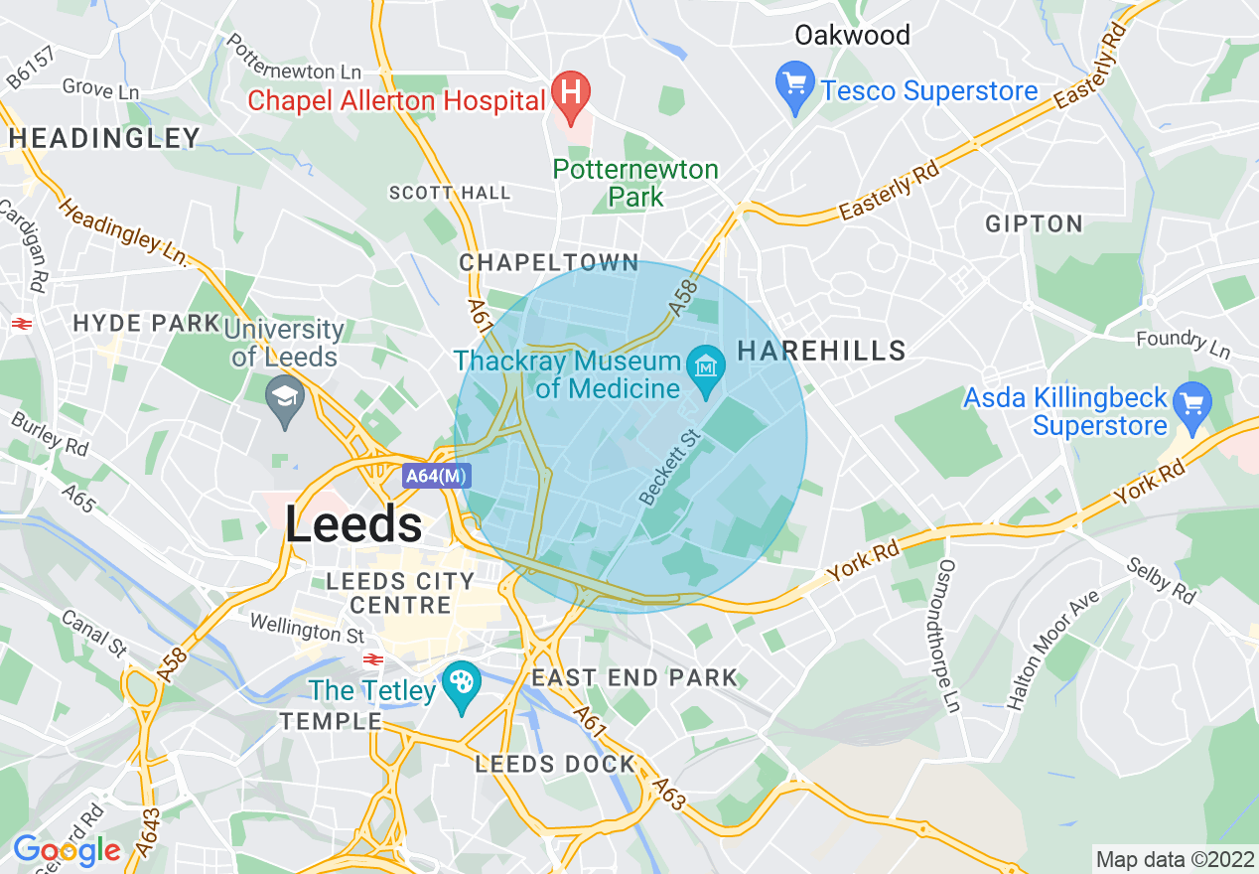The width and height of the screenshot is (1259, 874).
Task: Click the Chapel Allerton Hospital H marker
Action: pos(571,92)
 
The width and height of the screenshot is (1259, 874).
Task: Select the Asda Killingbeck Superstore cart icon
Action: pos(1192,404)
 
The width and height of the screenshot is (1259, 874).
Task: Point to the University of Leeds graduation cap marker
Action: pos(286,397)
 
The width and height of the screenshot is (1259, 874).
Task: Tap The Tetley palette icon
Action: pos(462,683)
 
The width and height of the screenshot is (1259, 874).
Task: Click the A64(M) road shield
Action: pos(436,476)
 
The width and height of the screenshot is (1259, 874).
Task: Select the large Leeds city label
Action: pos(353,523)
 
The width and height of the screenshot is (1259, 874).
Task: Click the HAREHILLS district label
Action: pos(822,350)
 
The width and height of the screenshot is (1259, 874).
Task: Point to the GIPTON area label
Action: pos(1034,223)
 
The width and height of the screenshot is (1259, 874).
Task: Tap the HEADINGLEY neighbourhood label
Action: pos(104,138)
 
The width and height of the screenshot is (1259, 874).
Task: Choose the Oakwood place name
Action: pos(852,36)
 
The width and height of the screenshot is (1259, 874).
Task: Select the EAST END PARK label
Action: pos(634,677)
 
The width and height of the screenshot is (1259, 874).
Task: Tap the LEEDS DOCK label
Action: pos(555,764)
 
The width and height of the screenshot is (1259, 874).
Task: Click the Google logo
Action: pos(67,850)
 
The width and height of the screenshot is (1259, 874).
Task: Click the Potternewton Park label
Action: pos(635,183)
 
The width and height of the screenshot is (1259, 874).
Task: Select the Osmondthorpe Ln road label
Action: pos(949,634)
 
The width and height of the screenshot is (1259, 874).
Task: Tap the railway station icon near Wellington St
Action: pos(373,656)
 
